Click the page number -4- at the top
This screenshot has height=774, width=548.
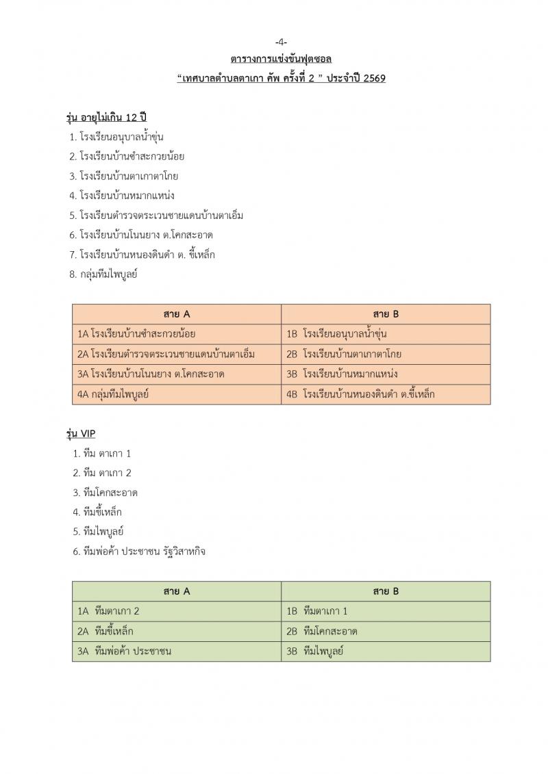(x=281, y=43)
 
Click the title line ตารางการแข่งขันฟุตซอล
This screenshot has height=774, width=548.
(x=281, y=60)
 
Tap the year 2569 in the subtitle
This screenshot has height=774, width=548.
(x=373, y=78)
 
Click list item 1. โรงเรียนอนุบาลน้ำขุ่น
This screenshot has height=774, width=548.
(x=116, y=137)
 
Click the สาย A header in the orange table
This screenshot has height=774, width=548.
(x=177, y=314)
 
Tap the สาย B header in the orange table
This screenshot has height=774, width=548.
(x=386, y=314)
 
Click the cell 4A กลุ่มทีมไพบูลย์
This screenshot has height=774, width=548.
(x=113, y=394)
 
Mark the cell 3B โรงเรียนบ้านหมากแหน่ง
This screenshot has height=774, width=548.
(x=342, y=374)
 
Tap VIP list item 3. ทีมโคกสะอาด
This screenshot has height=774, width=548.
(x=105, y=492)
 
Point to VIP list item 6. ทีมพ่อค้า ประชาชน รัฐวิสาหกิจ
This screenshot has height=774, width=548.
(x=139, y=551)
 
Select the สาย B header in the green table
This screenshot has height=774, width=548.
(x=386, y=591)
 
